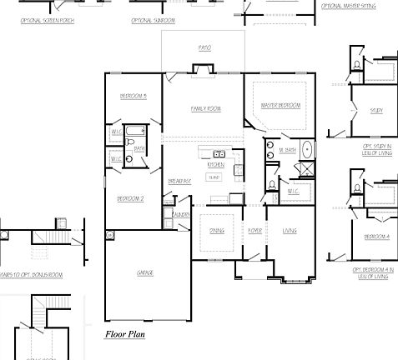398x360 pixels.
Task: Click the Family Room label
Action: (205, 108)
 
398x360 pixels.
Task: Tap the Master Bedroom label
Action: (280, 106)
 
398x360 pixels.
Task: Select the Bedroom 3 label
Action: (133, 96)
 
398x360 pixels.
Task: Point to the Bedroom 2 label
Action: (131, 198)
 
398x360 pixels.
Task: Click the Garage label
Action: (148, 272)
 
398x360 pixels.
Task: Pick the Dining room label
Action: (216, 231)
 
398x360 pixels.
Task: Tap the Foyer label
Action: (254, 231)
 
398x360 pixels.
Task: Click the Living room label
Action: (290, 231)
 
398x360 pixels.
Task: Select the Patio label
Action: (204, 48)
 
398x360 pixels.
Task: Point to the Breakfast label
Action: (180, 181)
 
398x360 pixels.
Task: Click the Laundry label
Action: (180, 215)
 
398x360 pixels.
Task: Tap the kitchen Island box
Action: (214, 177)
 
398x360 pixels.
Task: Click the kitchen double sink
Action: (220, 154)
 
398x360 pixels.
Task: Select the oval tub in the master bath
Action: (307, 151)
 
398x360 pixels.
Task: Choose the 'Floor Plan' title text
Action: (125, 335)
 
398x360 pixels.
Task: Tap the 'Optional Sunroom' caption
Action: (154, 19)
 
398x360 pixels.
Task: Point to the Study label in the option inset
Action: (376, 110)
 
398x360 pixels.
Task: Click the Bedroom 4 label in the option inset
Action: (376, 237)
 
